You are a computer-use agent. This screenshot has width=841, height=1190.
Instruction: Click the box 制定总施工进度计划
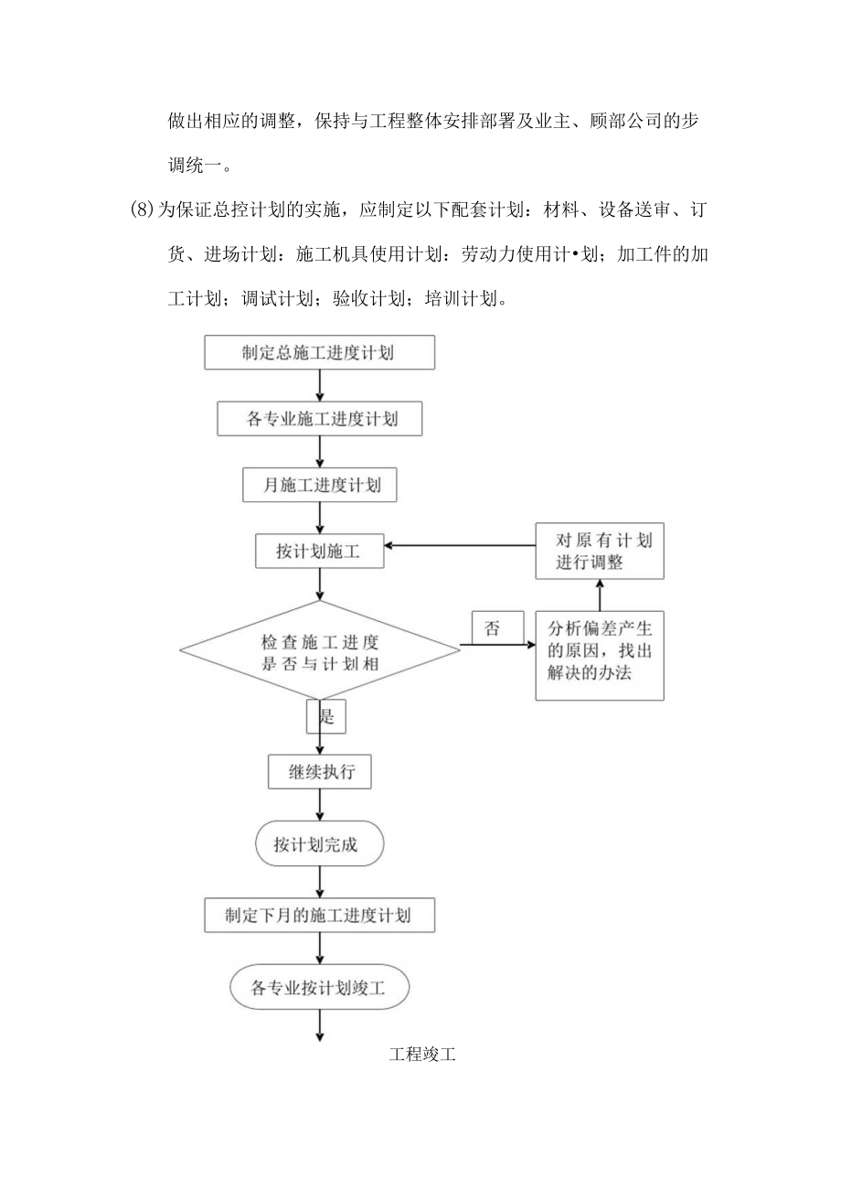coord(318,352)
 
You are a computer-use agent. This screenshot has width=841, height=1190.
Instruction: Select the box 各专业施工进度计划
coord(320,419)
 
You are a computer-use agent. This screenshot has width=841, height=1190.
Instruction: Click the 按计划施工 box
coord(319,552)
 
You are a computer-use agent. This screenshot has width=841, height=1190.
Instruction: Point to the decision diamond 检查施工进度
coord(319,651)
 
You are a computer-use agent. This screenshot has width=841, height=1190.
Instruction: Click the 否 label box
coord(492,628)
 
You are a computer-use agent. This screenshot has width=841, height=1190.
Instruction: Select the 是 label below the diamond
coord(326,716)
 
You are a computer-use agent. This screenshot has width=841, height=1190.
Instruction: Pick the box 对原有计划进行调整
coord(600,552)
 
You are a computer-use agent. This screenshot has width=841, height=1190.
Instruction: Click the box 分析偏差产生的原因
coord(600,654)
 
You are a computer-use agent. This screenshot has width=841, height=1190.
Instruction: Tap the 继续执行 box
coord(320,771)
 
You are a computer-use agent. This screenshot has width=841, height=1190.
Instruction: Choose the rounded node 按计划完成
coord(320,845)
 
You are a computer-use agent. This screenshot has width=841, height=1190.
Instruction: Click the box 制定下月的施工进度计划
coord(318,915)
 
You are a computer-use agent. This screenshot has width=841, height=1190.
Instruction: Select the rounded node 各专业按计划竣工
coord(319,987)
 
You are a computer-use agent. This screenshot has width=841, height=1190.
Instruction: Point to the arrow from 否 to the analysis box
coord(498,646)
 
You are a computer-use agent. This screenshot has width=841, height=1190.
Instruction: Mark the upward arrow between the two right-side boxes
coord(600,595)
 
